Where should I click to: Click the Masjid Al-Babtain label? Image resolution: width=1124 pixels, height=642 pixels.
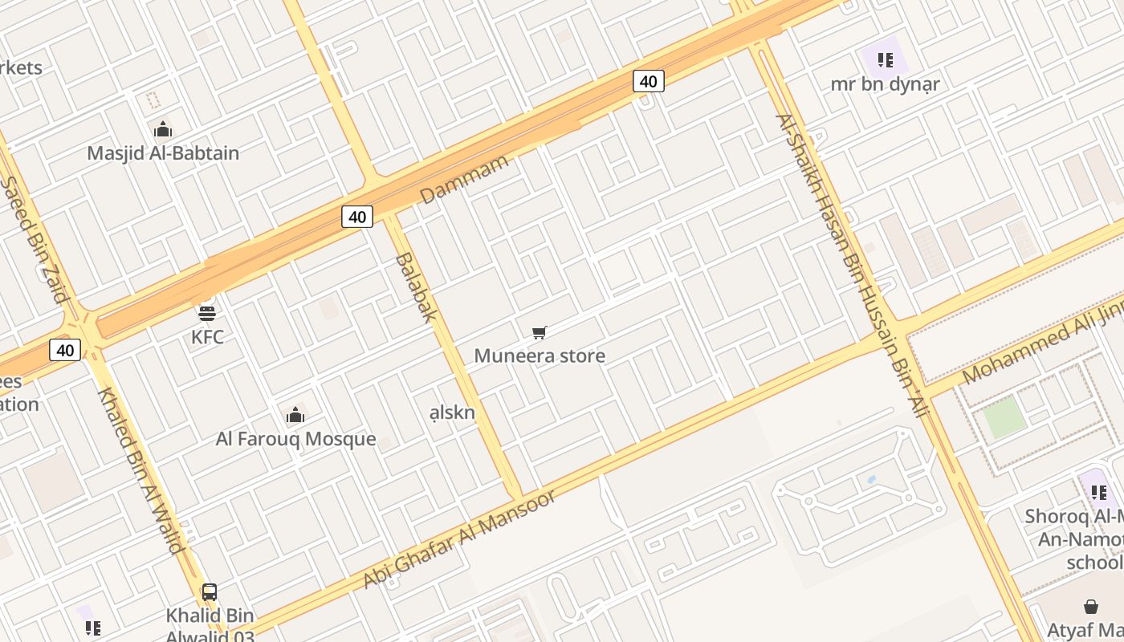click(163, 152)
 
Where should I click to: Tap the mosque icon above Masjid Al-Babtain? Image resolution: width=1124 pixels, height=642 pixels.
click(163, 129)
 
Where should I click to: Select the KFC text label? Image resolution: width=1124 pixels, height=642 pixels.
click(207, 337)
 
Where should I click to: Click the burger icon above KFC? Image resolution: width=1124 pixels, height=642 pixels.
click(207, 312)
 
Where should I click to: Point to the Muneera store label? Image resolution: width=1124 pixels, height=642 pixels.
click(540, 356)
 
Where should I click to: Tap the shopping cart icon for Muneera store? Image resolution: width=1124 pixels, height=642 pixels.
click(540, 332)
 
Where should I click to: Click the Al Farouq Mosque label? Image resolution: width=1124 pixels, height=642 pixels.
click(295, 439)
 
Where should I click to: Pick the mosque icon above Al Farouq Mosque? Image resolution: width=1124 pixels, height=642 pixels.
click(295, 415)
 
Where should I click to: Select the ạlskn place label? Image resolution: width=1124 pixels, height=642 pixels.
click(452, 412)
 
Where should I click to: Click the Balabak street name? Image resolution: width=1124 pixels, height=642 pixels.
click(415, 286)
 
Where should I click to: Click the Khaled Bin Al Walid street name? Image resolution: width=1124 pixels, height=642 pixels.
click(140, 470)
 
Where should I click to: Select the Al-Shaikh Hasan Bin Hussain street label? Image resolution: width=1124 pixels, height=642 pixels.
click(852, 265)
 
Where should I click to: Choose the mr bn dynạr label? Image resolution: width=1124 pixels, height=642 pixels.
click(885, 84)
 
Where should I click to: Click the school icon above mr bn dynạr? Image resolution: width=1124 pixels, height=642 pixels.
click(885, 59)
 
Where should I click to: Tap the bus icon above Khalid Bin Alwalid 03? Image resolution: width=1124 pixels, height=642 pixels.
click(210, 592)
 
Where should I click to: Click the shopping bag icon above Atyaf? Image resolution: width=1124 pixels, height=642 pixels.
click(1090, 607)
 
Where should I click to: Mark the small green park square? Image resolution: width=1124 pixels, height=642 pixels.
click(1004, 417)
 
